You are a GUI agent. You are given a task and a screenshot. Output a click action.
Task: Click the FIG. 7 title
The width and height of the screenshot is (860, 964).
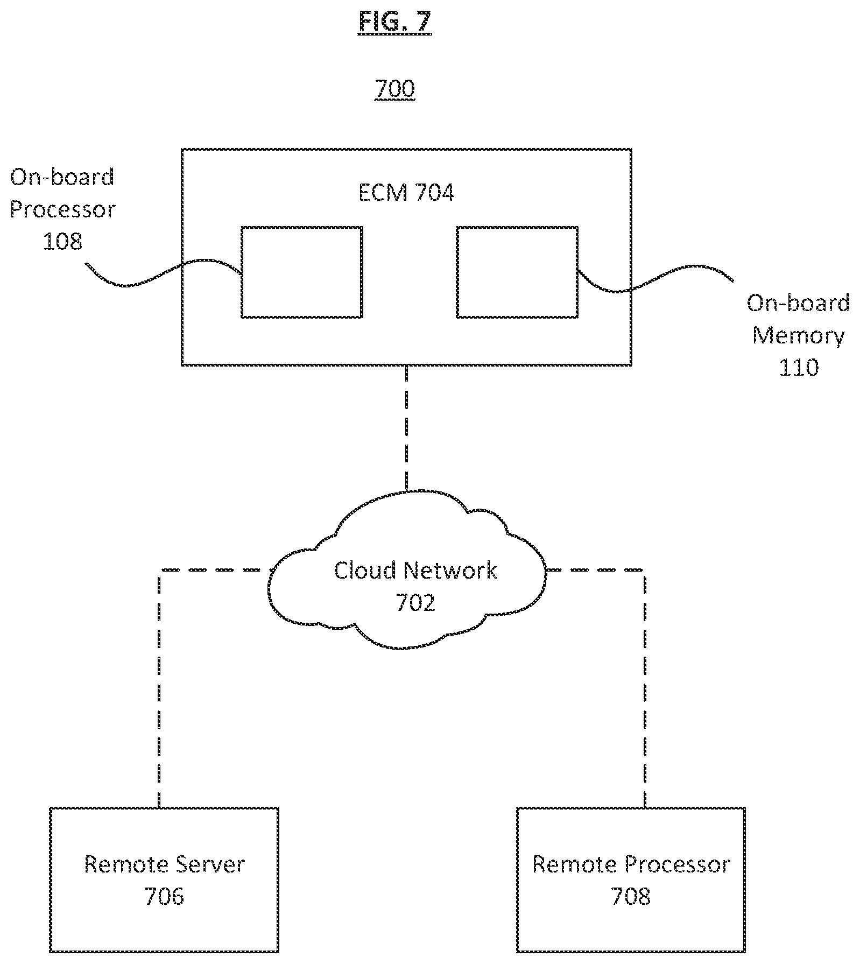click(394, 22)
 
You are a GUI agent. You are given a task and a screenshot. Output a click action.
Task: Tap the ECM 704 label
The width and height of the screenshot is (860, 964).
click(406, 193)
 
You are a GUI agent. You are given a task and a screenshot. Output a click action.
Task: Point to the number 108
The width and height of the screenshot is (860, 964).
click(62, 242)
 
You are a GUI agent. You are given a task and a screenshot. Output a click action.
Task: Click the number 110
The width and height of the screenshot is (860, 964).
click(799, 368)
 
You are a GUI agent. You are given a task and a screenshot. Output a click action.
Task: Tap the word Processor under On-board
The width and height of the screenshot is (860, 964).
click(62, 209)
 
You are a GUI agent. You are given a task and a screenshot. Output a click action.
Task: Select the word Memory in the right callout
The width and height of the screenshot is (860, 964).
click(798, 336)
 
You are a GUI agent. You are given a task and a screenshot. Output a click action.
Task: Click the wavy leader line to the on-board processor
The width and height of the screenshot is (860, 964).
click(161, 272)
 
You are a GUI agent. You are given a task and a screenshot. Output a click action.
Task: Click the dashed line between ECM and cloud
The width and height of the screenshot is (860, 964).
click(406, 428)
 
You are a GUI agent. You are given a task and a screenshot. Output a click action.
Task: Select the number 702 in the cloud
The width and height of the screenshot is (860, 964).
click(415, 603)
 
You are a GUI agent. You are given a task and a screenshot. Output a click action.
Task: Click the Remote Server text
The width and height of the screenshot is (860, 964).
click(164, 864)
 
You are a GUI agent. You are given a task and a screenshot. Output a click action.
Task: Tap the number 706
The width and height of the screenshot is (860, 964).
click(164, 897)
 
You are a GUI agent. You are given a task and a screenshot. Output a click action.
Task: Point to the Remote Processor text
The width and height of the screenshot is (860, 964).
click(631, 864)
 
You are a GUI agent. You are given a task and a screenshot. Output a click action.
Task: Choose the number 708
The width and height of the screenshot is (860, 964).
click(631, 897)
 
